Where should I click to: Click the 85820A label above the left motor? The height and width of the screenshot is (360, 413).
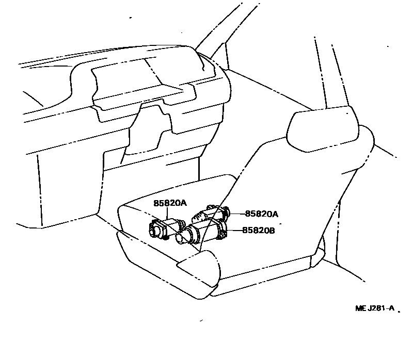pyautogui.click(x=169, y=203)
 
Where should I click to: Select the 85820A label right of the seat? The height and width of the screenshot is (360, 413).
pyautogui.click(x=261, y=214)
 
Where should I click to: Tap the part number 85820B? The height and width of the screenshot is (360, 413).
pyautogui.click(x=258, y=231)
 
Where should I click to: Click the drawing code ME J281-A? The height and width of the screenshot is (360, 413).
pyautogui.click(x=374, y=308)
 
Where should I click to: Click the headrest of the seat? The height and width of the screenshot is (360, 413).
pyautogui.click(x=323, y=130)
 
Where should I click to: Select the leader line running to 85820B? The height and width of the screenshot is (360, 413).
pyautogui.click(x=233, y=231)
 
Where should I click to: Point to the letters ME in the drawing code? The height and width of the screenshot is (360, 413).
pyautogui.click(x=360, y=308)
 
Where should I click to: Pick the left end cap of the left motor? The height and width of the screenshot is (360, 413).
pyautogui.click(x=153, y=229)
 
